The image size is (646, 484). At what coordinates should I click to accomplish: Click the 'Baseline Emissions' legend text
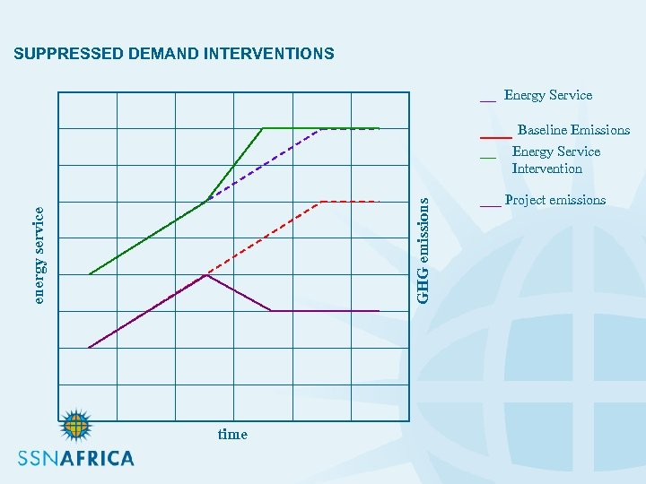click(573, 131)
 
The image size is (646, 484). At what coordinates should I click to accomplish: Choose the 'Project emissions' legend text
click(555, 200)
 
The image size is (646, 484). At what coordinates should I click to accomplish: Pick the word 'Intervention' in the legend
click(546, 169)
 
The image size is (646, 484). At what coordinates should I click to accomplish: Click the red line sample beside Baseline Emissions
click(495, 138)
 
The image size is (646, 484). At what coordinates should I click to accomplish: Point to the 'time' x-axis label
click(232, 435)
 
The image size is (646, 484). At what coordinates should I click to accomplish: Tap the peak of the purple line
click(206, 275)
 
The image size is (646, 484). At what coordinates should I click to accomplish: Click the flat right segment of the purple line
click(325, 310)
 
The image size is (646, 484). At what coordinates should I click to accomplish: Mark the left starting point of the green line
click(90, 273)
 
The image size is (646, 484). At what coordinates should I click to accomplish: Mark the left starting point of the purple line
click(89, 347)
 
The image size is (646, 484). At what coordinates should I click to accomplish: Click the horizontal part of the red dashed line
click(350, 202)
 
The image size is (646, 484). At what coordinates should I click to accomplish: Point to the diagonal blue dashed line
click(265, 165)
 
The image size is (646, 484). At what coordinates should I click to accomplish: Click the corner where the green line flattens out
click(262, 128)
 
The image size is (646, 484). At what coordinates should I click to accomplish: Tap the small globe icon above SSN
click(76, 426)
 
